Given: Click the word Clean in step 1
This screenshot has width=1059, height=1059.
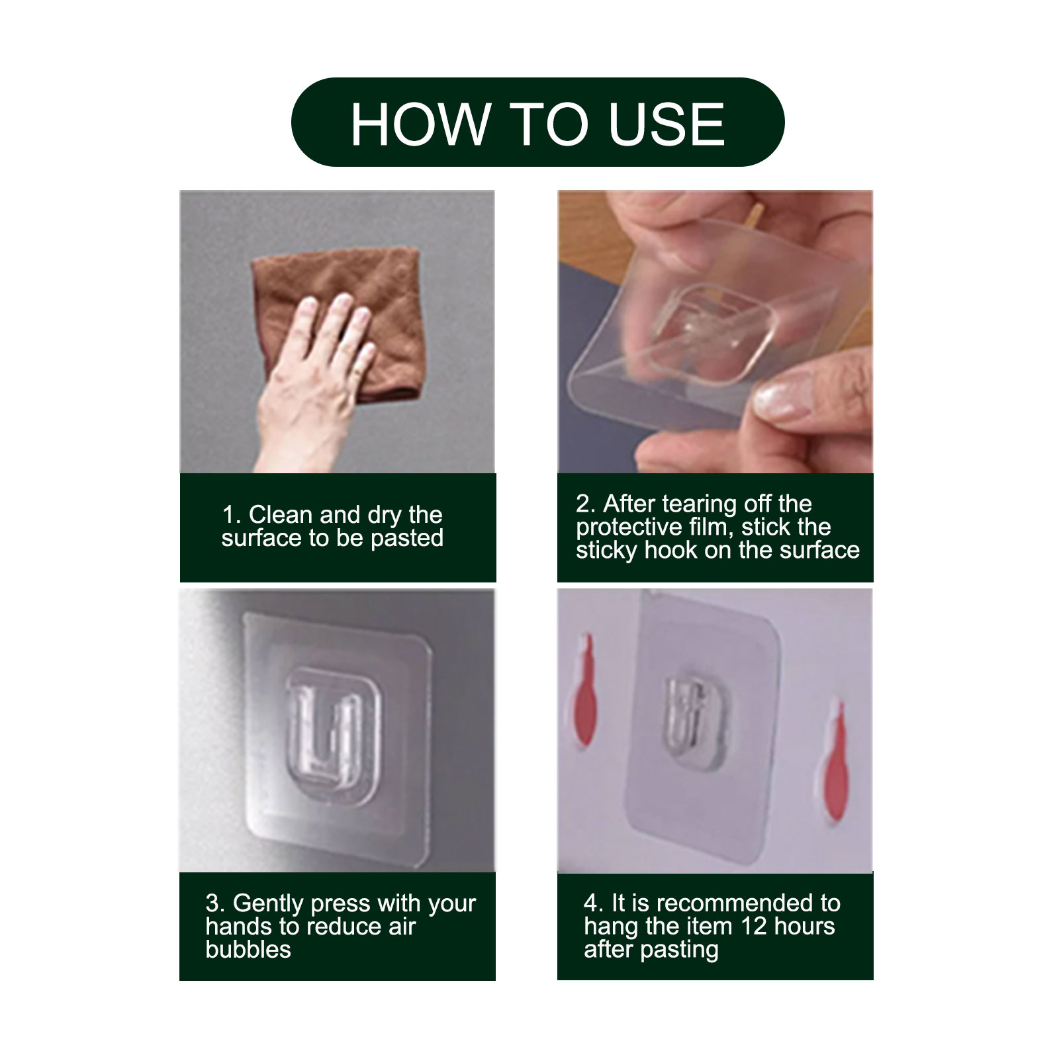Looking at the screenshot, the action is click(x=281, y=514).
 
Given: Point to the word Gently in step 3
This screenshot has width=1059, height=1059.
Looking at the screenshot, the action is click(x=268, y=903).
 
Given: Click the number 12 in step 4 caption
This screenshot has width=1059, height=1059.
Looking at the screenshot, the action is click(x=753, y=926).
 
